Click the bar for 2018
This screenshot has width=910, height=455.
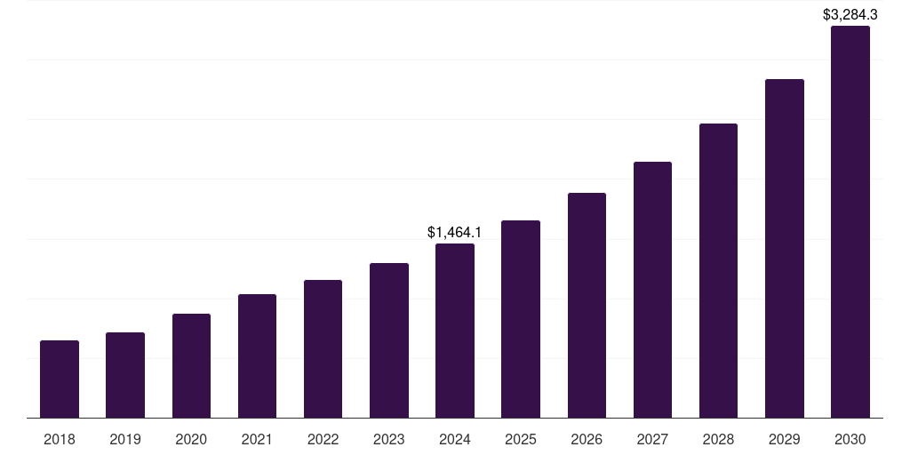click(x=60, y=379)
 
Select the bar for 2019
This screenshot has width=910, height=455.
click(x=125, y=375)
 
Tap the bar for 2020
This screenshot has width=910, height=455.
click(x=191, y=366)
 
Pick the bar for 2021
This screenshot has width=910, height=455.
click(x=257, y=356)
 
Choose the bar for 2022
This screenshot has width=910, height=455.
click(x=323, y=349)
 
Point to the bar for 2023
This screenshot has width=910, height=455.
click(x=389, y=340)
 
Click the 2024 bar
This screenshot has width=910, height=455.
click(x=455, y=331)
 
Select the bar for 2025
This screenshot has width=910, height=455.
click(x=521, y=319)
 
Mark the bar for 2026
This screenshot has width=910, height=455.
click(x=587, y=306)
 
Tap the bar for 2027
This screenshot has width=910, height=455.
click(x=652, y=290)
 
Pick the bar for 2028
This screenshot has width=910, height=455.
click(x=718, y=271)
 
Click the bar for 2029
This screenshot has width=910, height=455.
click(x=785, y=249)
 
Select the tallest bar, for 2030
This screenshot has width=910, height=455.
click(x=850, y=222)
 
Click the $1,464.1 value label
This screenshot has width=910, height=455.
click(x=454, y=232)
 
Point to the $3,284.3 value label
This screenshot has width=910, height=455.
click(x=850, y=14)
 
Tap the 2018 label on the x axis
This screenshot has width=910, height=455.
click(x=60, y=439)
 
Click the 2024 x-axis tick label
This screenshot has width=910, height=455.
click(x=455, y=439)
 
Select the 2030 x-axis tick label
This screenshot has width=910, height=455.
click(x=850, y=439)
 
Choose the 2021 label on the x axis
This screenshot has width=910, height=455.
click(x=257, y=439)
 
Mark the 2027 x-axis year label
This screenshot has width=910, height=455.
click(x=652, y=439)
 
